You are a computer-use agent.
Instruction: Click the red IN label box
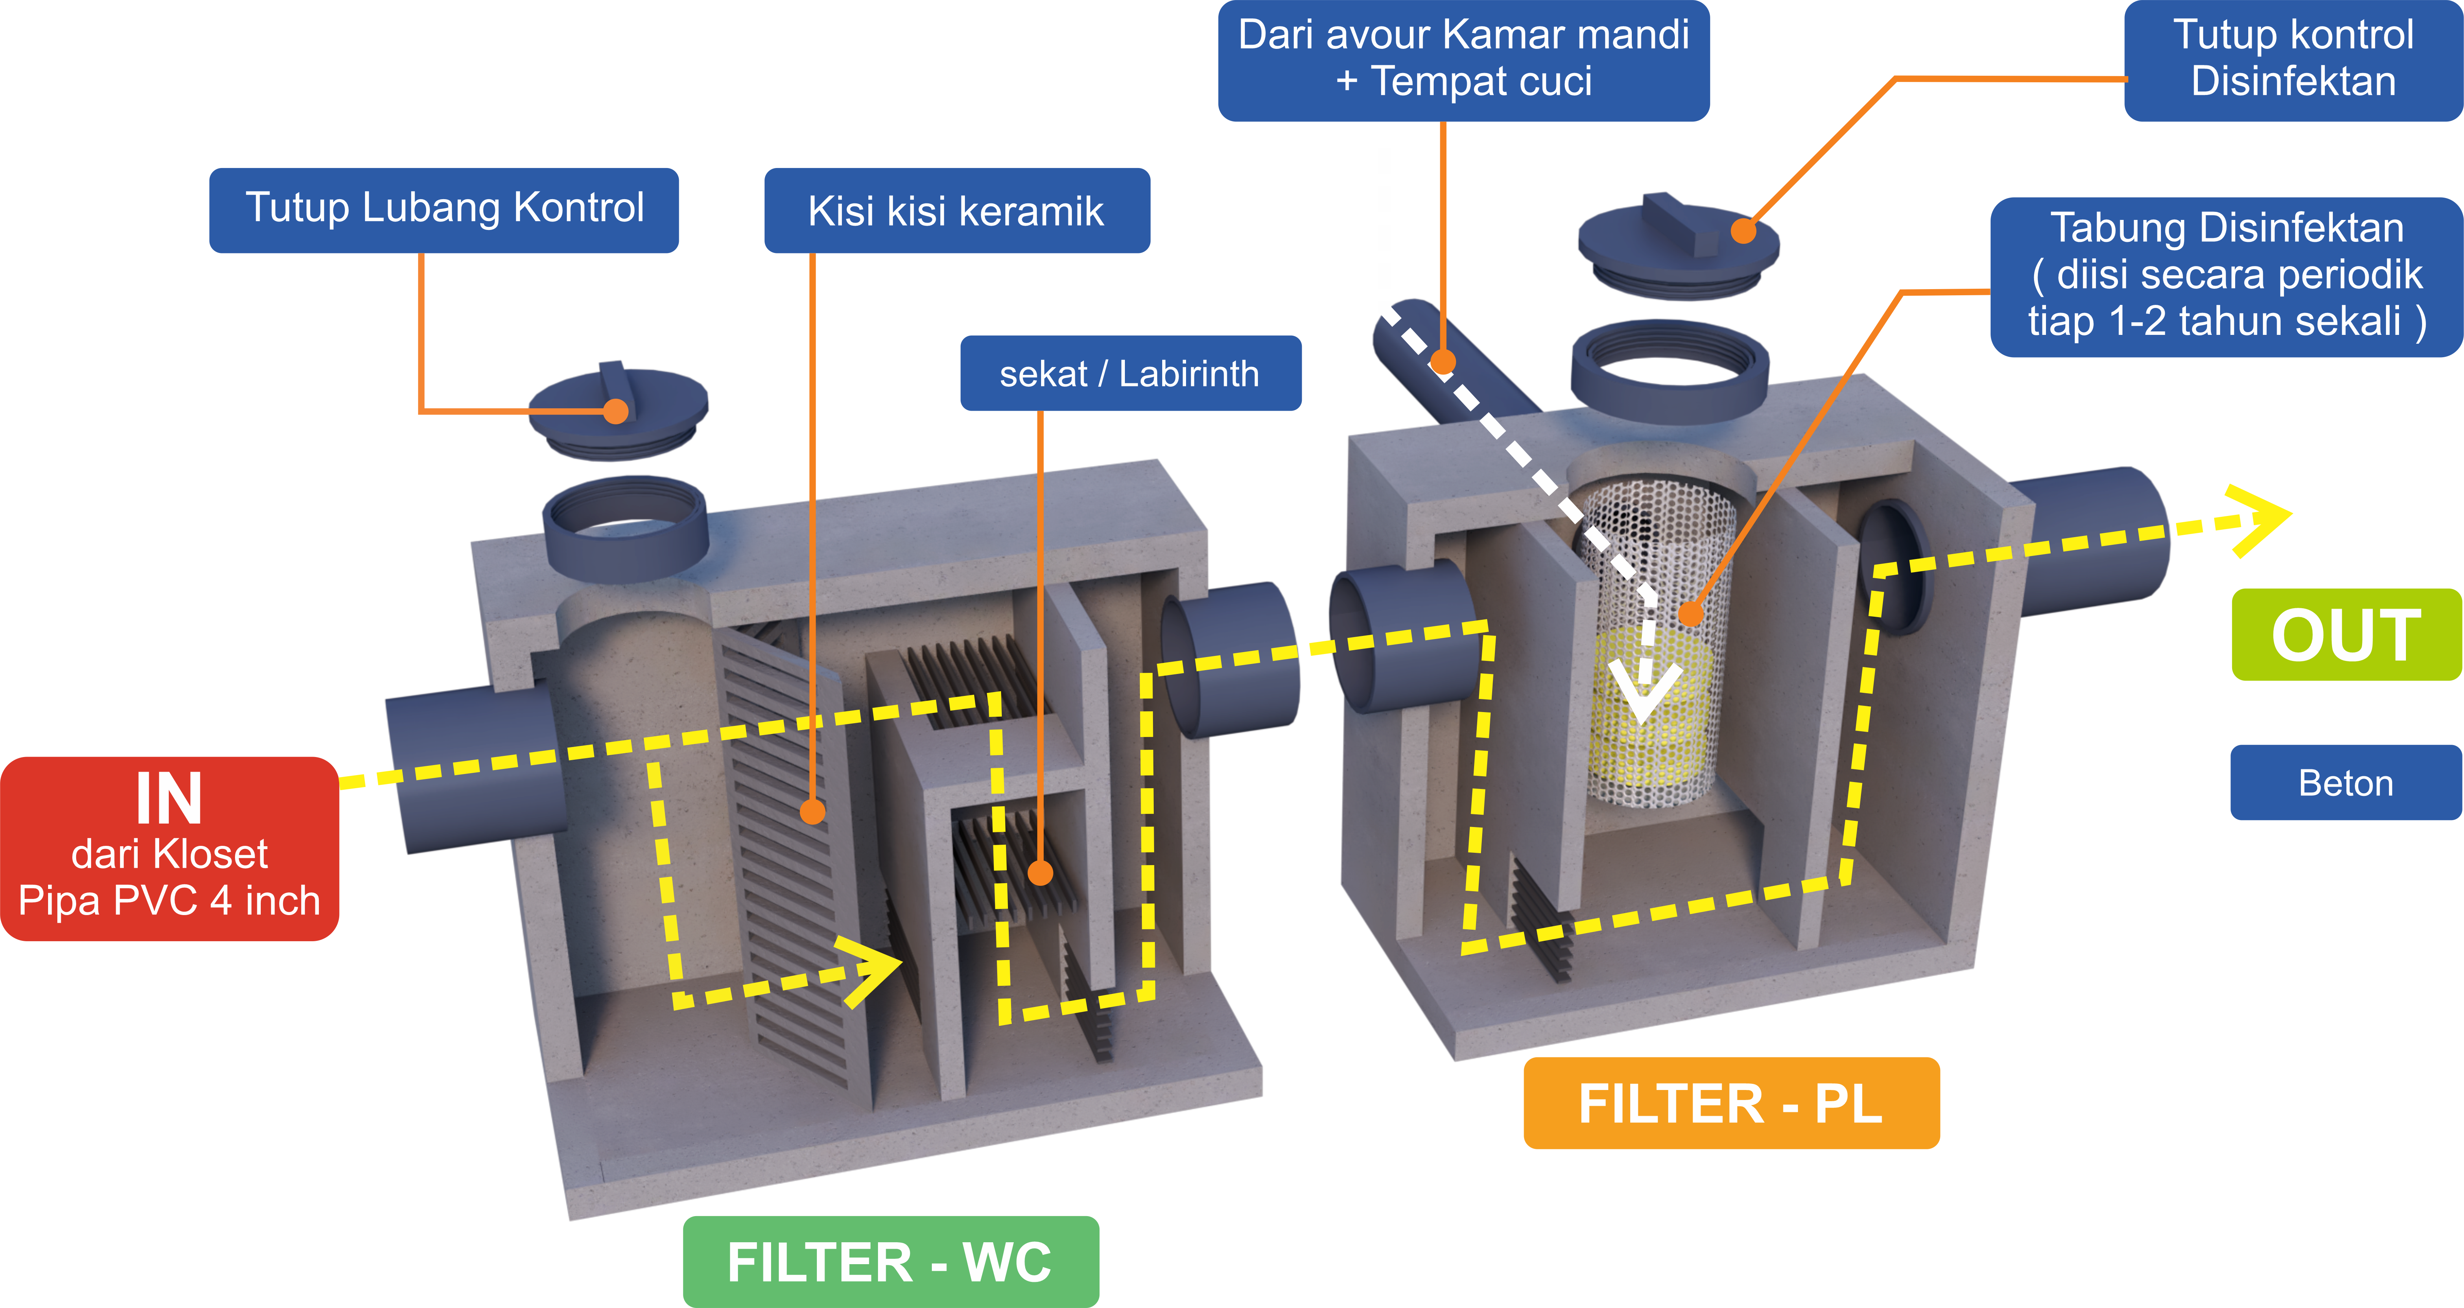coord(169,848)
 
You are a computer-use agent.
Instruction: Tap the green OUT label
coord(2346,635)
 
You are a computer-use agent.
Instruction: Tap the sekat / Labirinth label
coord(1130,373)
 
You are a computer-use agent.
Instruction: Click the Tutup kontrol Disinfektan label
coord(2293,59)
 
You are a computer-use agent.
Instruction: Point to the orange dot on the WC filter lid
coord(616,411)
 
